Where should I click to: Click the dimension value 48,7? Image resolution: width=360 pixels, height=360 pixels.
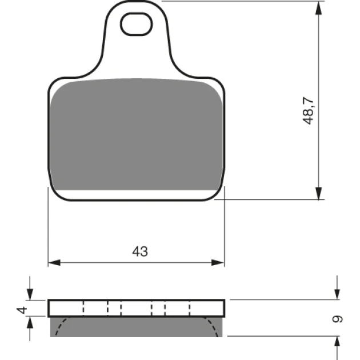coord(309,111)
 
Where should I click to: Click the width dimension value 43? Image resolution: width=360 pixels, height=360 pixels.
coord(140,251)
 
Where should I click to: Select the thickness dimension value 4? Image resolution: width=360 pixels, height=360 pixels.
coord(22,310)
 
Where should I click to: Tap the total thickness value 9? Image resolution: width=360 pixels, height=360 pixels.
coord(338,319)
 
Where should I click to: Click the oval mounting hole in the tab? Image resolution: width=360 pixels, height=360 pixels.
coord(136,24)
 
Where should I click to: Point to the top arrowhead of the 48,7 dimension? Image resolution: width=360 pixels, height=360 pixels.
coord(318,8)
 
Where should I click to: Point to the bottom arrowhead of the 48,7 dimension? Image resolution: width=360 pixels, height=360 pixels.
coord(318,193)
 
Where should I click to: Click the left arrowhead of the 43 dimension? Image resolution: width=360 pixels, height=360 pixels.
coord(54,263)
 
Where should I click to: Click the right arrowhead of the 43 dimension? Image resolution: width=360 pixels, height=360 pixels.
coord(218,263)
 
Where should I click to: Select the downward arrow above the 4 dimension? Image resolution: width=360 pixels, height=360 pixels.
coord(30,289)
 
